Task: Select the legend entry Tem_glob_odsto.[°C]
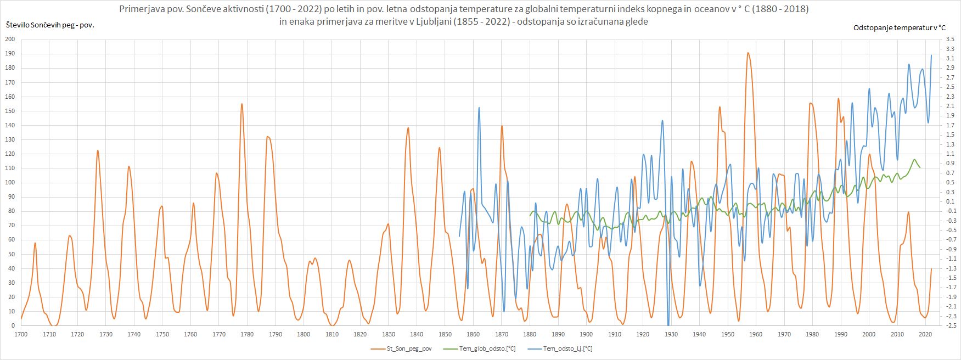487,348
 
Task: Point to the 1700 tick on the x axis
21,334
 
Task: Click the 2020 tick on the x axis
925,334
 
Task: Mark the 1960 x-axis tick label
756,334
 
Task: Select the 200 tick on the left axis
10,40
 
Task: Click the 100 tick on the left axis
10,183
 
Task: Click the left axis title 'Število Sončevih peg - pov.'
49,25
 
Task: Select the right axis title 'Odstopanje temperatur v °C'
899,27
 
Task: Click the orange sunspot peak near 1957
748,53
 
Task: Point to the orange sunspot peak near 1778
241,104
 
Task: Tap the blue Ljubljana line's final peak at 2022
931,55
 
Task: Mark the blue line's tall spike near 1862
479,108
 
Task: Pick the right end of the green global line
920,167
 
